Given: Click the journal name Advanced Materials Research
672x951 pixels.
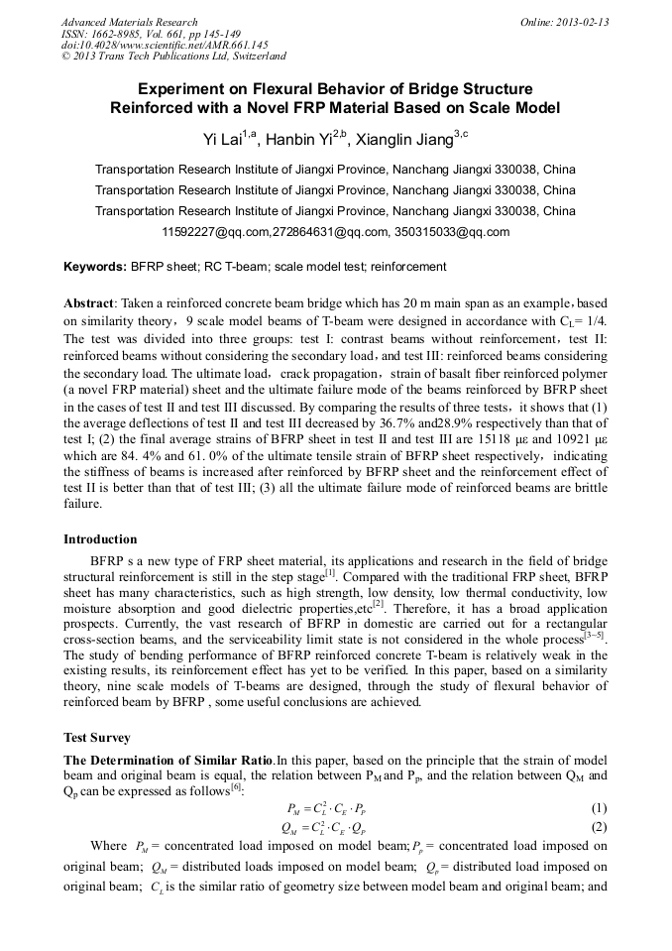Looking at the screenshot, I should coord(129,22).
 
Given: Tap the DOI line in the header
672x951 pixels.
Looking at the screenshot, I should coord(164,46).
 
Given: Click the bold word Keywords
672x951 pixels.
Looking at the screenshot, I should coord(94,267).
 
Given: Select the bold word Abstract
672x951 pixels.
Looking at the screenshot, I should coord(89,301).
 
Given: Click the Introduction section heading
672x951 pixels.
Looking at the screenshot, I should coord(100,539).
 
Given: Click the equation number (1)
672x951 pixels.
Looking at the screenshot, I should coord(598,808).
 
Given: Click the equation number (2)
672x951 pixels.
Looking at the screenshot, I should coord(598,827).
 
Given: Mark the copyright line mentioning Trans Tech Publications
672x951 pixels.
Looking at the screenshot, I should coord(173,58).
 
